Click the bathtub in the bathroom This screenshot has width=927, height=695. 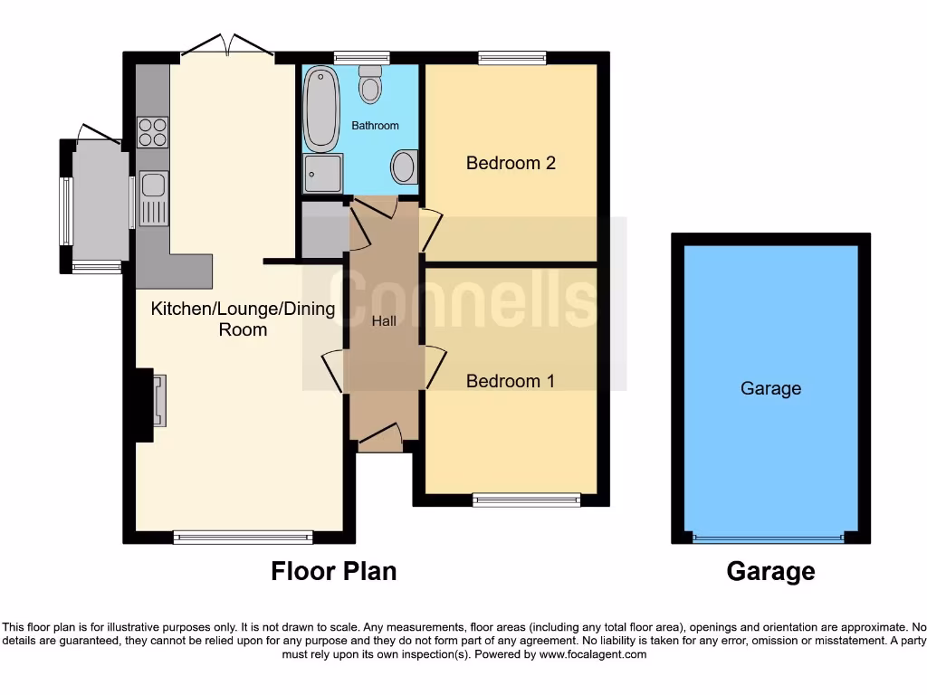(320, 109)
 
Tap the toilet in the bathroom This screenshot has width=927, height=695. (369, 84)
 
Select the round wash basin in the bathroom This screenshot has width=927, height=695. (404, 167)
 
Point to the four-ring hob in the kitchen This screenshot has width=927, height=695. (152, 132)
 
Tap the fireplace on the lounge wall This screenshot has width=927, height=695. (158, 400)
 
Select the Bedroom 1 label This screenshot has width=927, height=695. (510, 381)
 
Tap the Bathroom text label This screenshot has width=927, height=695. (375, 126)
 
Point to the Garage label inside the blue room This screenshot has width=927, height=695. (770, 388)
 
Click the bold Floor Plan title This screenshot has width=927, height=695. (333, 571)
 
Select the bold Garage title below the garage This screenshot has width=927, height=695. (770, 571)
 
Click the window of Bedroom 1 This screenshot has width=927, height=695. (526, 499)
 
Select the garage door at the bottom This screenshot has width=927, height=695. (769, 538)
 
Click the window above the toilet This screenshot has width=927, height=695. (361, 58)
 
